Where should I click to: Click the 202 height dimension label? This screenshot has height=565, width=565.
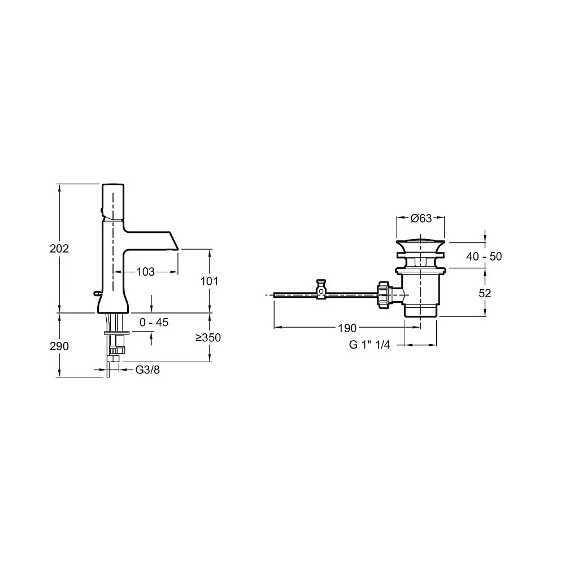point(59,249)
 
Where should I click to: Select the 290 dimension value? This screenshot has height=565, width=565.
point(59,346)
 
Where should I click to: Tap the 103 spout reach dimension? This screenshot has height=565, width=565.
point(146,272)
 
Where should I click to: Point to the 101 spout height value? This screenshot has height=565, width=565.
point(209,281)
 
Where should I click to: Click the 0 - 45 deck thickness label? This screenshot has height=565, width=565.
point(154,323)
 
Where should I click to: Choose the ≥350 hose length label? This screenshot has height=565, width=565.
point(208,337)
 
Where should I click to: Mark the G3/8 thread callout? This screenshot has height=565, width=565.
point(147,371)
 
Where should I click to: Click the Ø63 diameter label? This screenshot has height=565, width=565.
point(421,219)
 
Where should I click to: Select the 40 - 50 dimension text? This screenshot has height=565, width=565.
point(484,257)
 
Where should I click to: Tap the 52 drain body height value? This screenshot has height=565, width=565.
point(485,293)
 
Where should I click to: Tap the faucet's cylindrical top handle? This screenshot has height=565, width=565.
point(113,201)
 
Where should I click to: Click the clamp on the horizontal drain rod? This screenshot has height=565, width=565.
point(321,289)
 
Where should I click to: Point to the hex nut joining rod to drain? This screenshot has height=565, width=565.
point(386,294)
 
